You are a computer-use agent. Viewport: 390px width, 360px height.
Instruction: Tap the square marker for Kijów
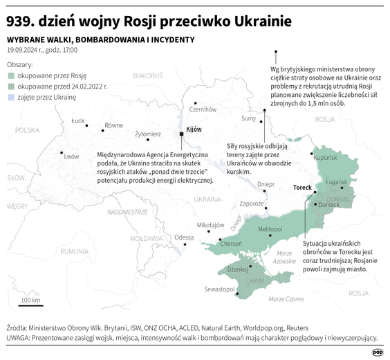pyautogui.click(x=182, y=133)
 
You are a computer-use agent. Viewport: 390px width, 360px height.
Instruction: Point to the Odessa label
pyautogui.click(x=184, y=237)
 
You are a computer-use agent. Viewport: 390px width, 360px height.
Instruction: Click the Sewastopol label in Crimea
pyautogui.click(x=218, y=289)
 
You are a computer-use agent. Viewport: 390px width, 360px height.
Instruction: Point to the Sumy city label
pyautogui.click(x=248, y=118)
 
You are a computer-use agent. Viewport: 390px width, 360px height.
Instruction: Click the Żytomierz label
pyautogui.click(x=148, y=134)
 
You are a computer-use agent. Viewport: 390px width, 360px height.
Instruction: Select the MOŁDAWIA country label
pyautogui.click(x=145, y=237)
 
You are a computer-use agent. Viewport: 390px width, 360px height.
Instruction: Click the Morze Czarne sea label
pyautogui.click(x=286, y=298)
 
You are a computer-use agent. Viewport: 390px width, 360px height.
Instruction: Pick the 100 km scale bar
pyautogui.click(x=30, y=305)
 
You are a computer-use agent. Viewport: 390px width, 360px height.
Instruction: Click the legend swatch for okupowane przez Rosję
pyautogui.click(x=11, y=75)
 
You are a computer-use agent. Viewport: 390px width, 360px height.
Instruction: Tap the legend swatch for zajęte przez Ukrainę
pyautogui.click(x=11, y=98)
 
